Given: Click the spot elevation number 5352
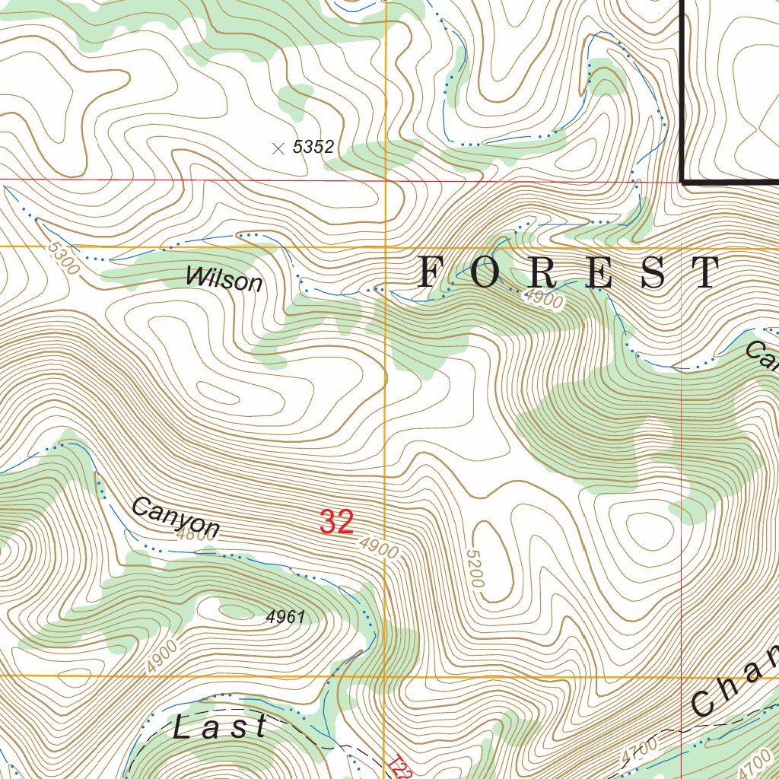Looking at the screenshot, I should tap(313, 148).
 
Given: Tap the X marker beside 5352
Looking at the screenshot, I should tap(278, 148).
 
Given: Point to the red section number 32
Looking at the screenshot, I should tap(336, 523).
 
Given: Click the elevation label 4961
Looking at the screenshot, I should tap(285, 617).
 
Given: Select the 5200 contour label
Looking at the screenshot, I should tap(475, 568).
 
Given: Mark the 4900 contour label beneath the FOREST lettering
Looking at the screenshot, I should tap(544, 300).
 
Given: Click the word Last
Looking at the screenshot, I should tap(220, 727).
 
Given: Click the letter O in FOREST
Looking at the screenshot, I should tap(486, 272).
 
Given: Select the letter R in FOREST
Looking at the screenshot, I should tap(542, 272).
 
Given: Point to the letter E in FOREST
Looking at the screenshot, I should tap(599, 272).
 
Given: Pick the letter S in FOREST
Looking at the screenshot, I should tap(653, 272).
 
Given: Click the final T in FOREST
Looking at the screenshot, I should tap(707, 272).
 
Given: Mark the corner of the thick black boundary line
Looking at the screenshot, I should tap(683, 182).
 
